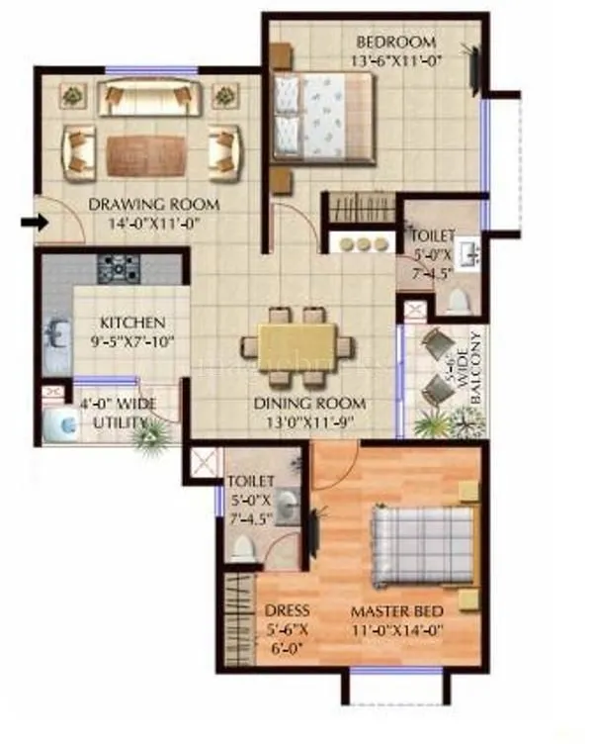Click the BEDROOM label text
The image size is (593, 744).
pyautogui.click(x=395, y=43)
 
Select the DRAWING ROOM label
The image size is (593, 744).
pyautogui.click(x=154, y=205)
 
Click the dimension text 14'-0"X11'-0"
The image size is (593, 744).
pyautogui.click(x=154, y=223)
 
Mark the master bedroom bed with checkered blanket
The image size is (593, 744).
pyautogui.click(x=420, y=547)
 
